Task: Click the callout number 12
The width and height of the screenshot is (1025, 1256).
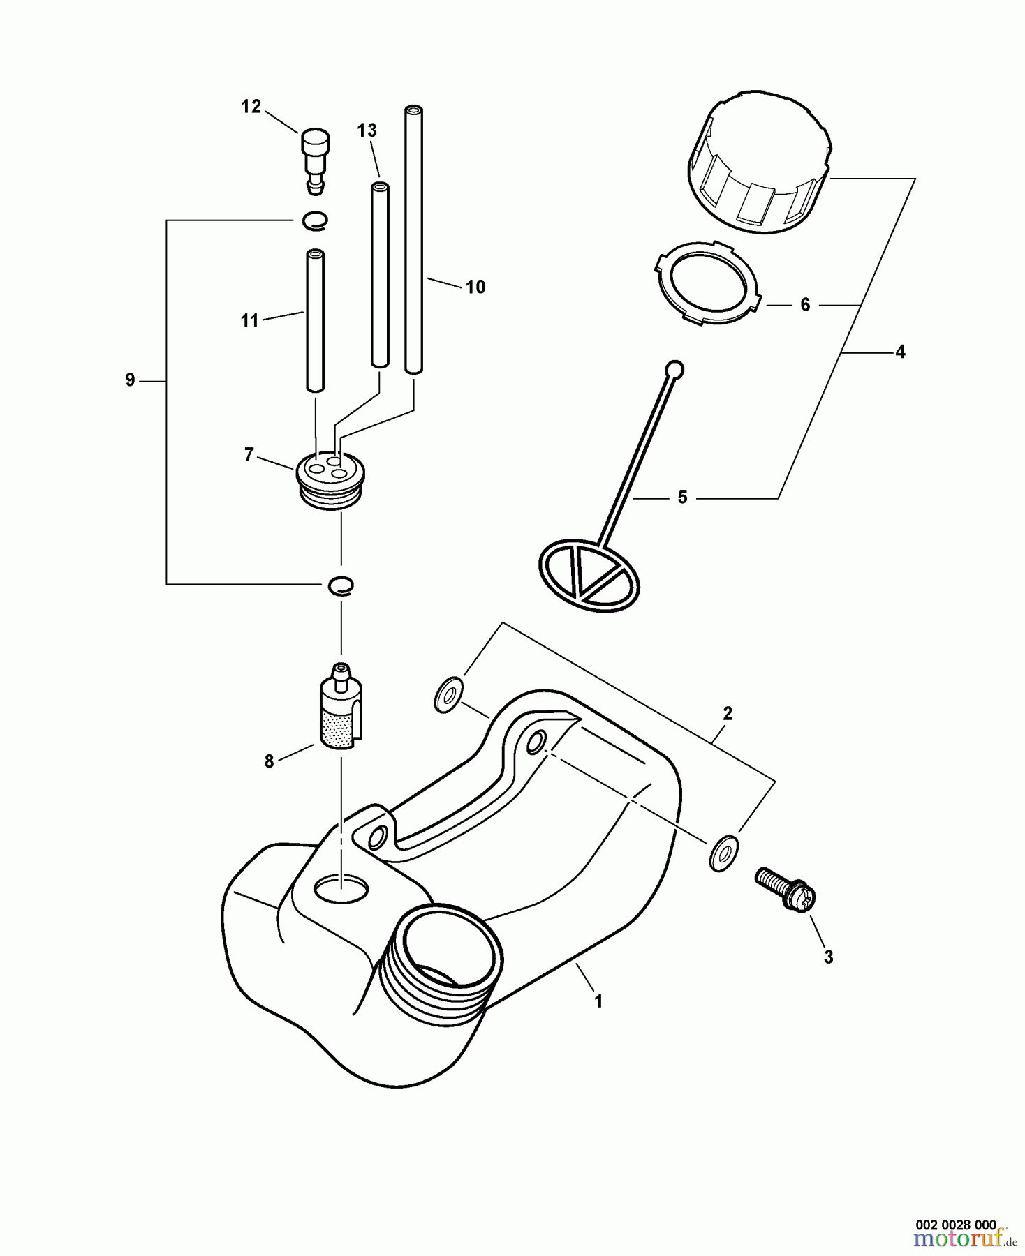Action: point(251,107)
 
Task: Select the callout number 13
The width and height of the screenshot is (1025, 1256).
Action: point(367,130)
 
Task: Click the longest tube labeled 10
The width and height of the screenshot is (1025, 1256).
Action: point(413,237)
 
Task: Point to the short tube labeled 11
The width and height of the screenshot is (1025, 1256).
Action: point(316,321)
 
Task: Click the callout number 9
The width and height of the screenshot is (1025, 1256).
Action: point(130,380)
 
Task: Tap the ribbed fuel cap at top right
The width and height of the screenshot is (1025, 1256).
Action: point(758,163)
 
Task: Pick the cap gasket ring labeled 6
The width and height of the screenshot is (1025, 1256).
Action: point(707,283)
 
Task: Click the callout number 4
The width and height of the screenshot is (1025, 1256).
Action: point(900,352)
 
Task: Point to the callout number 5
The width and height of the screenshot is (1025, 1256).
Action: point(682,498)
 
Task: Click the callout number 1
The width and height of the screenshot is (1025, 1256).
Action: point(598,1001)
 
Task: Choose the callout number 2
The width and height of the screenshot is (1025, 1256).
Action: point(728,714)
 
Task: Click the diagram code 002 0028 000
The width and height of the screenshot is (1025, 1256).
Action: point(955,1225)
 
